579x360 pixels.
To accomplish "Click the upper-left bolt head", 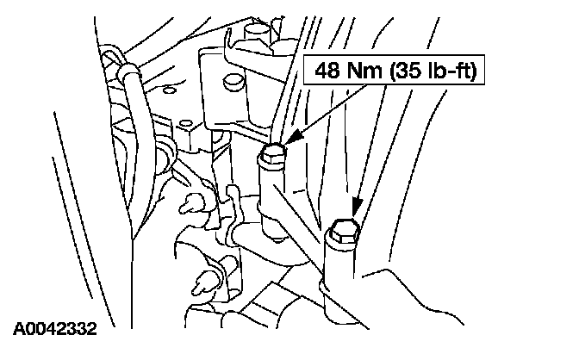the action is coord(272,154).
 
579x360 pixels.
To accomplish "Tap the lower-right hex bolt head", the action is coord(343,230).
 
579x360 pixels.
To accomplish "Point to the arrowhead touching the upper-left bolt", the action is coord(290,138).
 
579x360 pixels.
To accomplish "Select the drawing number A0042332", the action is coord(54,329).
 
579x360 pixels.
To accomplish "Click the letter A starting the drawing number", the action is coord(18,329).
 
